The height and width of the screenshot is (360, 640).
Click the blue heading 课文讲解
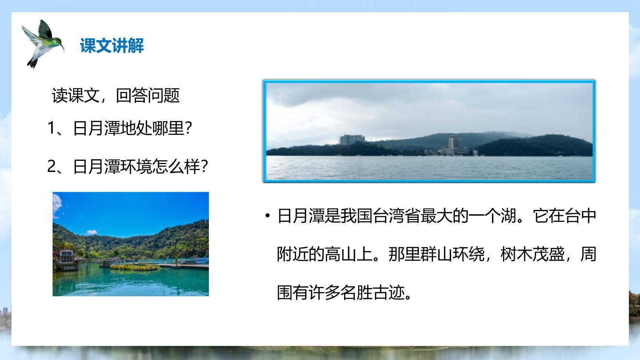coord(111,46)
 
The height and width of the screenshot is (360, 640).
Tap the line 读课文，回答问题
coord(116,96)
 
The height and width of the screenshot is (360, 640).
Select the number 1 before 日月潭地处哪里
coord(51,129)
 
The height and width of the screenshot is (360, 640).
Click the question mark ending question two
coord(204,167)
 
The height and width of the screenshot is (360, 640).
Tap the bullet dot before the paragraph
coord(267,216)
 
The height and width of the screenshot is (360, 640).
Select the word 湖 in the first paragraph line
coord(509,216)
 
